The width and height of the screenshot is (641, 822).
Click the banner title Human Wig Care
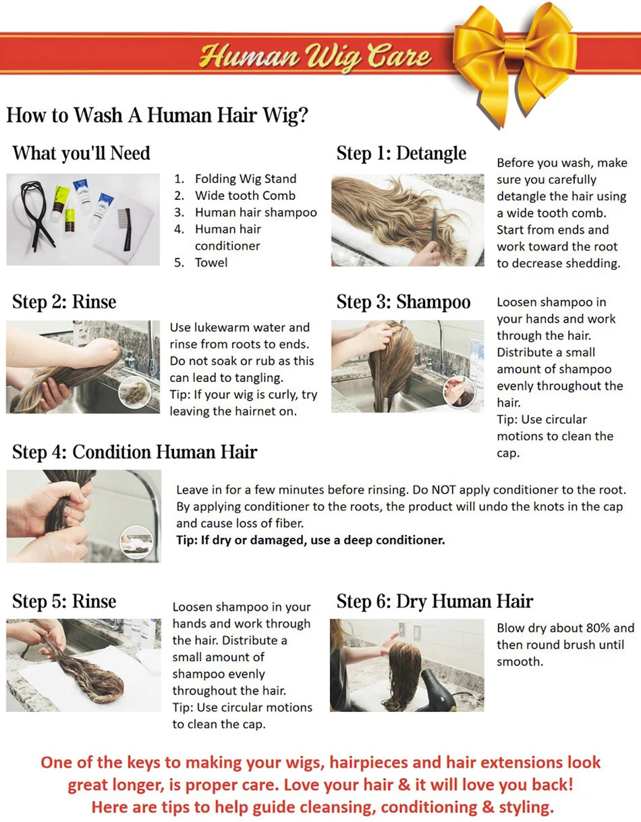click(315, 55)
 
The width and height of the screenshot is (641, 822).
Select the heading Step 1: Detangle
click(401, 153)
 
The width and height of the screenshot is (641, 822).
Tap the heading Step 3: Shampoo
click(403, 302)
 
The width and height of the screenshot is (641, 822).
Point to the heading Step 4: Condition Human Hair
click(134, 451)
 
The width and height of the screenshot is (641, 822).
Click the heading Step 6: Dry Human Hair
click(435, 601)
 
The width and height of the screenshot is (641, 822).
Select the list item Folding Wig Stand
click(245, 179)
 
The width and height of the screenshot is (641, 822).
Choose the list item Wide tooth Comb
click(245, 196)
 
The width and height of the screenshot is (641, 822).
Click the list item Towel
click(211, 263)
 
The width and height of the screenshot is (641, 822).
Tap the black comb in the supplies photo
click(125, 229)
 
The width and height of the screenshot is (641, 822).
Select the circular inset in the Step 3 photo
click(459, 391)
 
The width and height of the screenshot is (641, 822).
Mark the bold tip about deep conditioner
click(310, 540)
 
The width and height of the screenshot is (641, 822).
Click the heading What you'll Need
click(81, 153)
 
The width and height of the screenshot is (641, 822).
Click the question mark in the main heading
click(302, 115)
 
